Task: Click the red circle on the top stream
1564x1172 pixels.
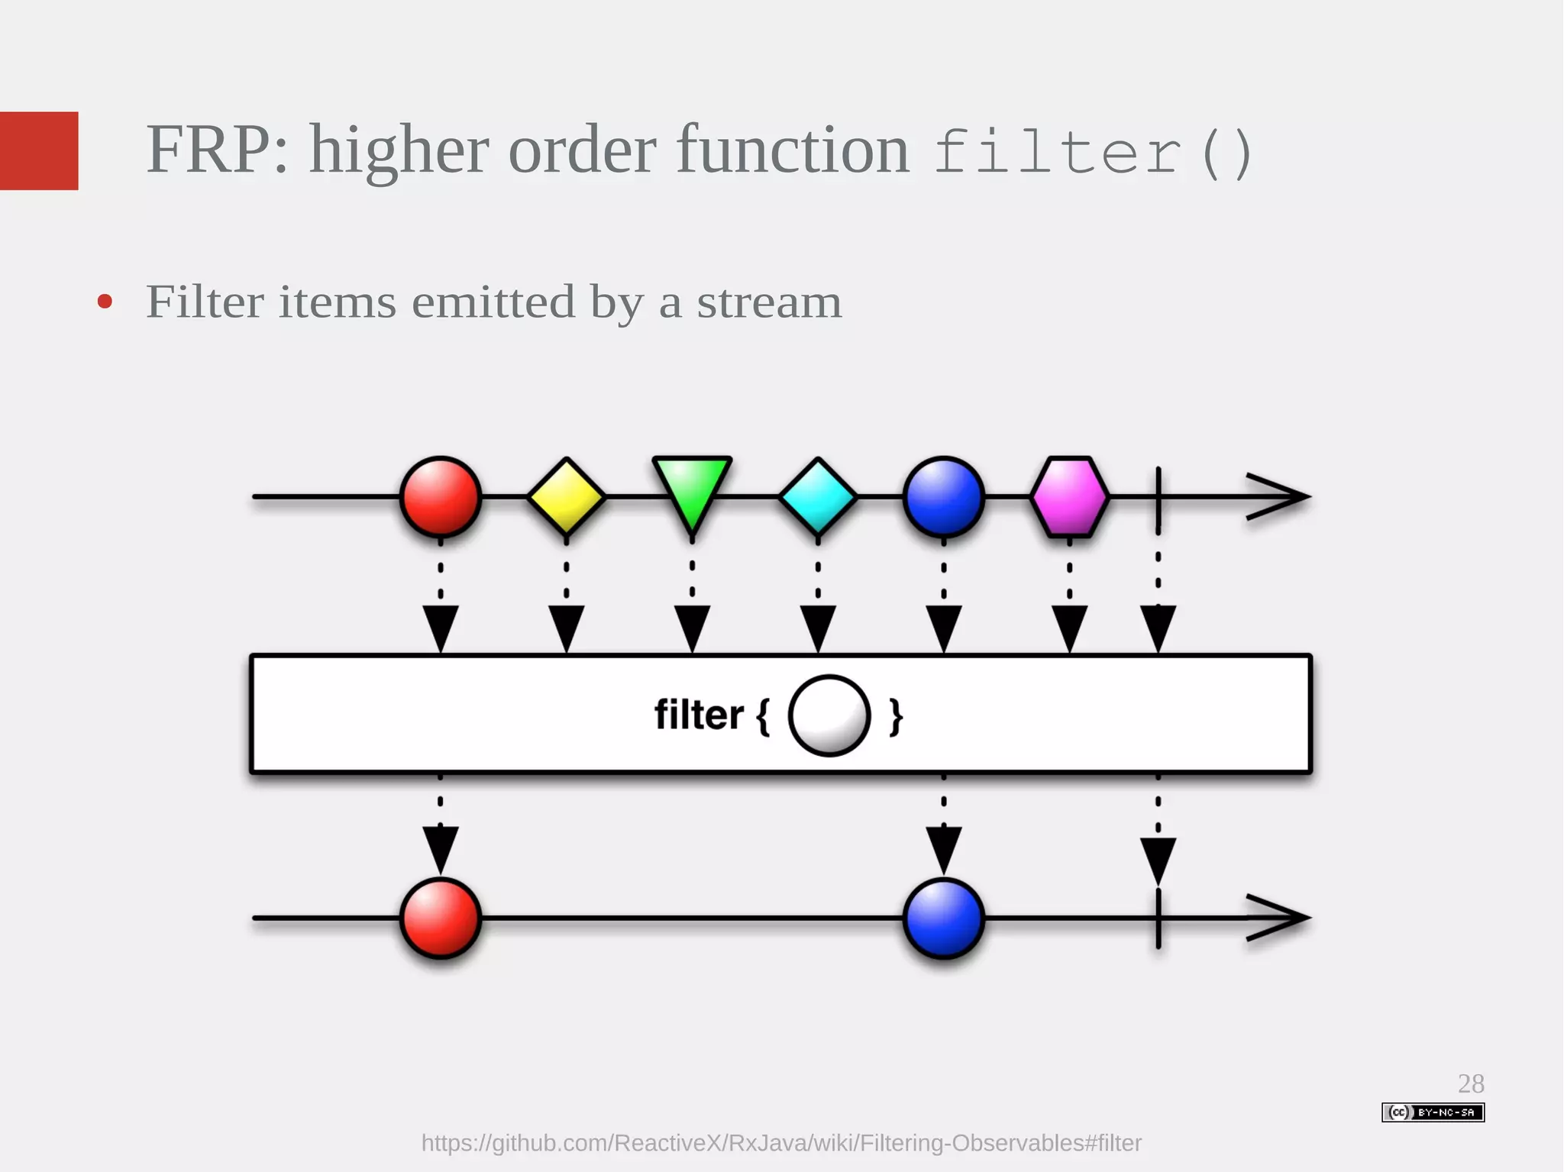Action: [441, 497]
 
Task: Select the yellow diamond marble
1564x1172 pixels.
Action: [566, 497]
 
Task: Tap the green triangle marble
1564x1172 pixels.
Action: [692, 489]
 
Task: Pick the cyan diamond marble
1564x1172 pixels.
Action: [818, 497]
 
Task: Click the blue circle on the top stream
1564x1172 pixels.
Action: [944, 497]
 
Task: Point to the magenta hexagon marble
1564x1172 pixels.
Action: [1069, 497]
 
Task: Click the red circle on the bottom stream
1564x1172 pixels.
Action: [441, 919]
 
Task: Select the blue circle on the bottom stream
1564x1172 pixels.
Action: [944, 919]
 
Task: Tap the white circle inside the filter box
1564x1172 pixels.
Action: [829, 716]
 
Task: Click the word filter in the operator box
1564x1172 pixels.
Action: [699, 716]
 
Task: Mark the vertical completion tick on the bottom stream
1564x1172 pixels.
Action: [1158, 919]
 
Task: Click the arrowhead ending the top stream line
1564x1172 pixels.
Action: [1283, 497]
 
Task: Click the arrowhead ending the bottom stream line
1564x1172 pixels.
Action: [1283, 919]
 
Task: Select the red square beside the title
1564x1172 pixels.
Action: [39, 150]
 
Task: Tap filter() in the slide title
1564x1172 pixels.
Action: [1092, 153]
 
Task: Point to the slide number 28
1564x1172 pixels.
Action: [1471, 1083]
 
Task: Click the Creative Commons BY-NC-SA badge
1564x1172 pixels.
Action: [1433, 1112]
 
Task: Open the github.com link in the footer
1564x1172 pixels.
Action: [781, 1143]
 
